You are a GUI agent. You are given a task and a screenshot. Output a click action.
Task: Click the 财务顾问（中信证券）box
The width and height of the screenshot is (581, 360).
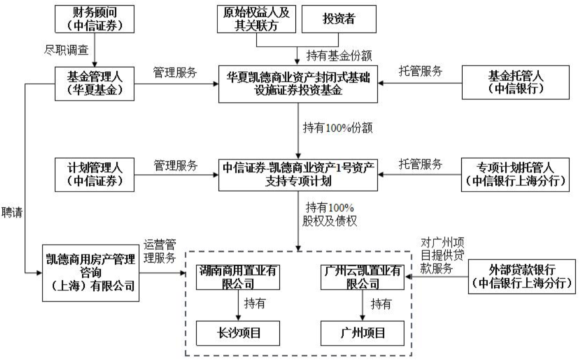pos(95,19)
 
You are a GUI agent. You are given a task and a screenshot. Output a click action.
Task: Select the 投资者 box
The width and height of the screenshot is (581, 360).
pos(339,19)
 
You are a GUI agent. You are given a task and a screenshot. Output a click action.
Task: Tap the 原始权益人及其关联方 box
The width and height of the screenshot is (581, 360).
pos(256,19)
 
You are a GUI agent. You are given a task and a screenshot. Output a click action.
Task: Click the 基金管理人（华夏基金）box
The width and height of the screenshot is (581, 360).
pos(95,83)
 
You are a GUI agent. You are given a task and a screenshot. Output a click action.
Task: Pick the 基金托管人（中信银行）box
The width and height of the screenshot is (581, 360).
pos(515,82)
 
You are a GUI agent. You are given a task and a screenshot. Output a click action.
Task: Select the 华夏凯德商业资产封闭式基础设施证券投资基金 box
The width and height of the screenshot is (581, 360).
pos(298,84)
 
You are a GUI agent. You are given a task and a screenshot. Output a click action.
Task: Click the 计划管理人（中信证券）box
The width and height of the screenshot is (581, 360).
pos(95,175)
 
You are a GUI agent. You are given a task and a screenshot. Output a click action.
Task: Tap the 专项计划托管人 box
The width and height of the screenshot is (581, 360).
pos(515,175)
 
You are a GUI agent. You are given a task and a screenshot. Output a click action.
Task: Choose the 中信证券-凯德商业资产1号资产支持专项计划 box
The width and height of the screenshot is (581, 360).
pos(298,175)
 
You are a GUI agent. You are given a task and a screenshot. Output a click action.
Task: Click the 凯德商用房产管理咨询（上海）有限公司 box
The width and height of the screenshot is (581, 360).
pos(91,273)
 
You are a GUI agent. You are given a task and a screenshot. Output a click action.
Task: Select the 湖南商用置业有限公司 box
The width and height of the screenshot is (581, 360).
pos(238,277)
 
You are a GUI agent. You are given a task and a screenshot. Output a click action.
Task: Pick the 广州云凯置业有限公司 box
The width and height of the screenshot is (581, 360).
pos(362,277)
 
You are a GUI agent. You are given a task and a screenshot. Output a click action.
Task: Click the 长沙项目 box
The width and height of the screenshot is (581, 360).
pos(238,333)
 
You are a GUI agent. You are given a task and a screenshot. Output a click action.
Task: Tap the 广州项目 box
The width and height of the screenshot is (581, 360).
pos(362,333)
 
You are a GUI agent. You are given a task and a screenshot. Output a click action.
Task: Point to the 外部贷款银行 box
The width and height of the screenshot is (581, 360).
pos(522,277)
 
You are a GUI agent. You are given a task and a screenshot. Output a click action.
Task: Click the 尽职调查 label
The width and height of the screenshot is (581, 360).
pos(66,50)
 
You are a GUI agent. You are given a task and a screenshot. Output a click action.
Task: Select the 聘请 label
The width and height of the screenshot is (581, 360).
pos(12,213)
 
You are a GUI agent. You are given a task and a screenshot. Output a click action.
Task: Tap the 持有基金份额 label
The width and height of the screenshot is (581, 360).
pos(339,56)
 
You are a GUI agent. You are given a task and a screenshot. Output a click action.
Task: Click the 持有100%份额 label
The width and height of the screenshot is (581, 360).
pos(338,128)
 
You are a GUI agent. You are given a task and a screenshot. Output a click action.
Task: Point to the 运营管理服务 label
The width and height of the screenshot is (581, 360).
pos(160,251)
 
